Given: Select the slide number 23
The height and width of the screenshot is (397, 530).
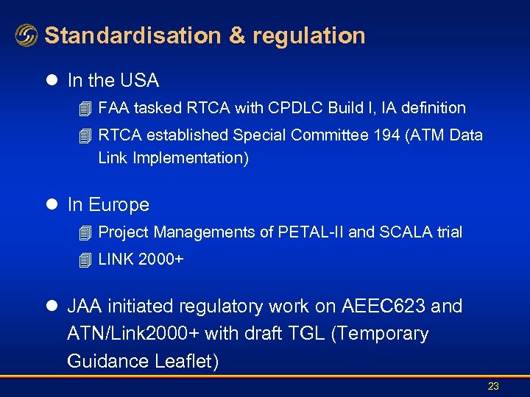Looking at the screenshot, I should (x=493, y=386).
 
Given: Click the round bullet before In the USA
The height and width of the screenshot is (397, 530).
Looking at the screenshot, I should (x=54, y=79).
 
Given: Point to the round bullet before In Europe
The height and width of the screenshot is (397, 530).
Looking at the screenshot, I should (x=54, y=204).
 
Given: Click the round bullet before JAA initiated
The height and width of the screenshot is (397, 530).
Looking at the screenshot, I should (x=54, y=306).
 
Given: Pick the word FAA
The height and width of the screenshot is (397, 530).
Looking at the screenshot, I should (x=114, y=108).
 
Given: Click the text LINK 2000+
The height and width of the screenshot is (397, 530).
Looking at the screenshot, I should (x=141, y=260).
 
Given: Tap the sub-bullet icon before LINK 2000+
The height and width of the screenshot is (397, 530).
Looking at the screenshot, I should (x=85, y=260).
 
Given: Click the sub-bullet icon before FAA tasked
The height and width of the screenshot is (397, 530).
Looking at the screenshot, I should (x=85, y=108).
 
